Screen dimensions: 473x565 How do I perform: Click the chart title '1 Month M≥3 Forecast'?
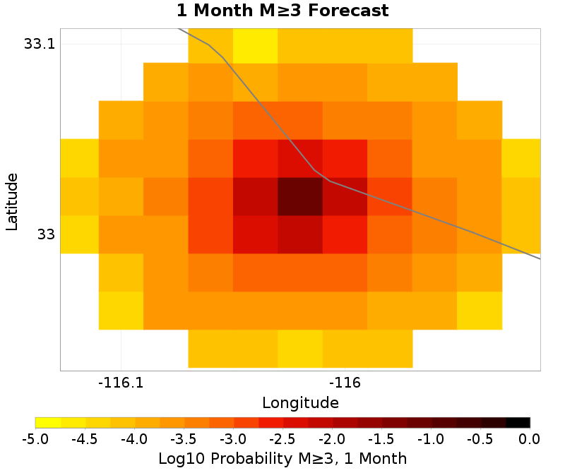pos(282,11)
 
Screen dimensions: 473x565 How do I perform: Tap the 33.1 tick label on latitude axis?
pos(40,44)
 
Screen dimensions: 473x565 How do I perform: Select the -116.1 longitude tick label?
pos(121,383)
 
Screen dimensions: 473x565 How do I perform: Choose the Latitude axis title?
pos(12,199)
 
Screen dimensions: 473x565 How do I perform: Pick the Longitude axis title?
pos(300,403)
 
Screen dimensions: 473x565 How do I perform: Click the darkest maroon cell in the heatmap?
pos(300,196)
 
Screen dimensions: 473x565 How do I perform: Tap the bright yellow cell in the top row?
pos(255,45)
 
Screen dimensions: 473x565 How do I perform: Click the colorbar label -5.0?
pos(35,439)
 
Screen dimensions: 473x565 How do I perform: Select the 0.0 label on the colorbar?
pos(530,439)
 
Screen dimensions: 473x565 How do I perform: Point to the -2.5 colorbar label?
pos(282,439)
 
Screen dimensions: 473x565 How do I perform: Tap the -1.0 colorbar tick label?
pos(431,439)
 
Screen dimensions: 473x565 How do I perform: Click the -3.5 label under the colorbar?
pos(184,439)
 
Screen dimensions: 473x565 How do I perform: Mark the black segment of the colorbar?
pos(518,423)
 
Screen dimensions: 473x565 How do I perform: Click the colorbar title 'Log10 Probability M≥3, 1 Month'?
pos(282,458)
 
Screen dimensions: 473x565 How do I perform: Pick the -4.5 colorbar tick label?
pos(85,439)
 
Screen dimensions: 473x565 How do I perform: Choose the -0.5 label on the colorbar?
pos(480,439)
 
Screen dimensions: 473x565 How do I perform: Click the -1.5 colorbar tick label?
pos(381,439)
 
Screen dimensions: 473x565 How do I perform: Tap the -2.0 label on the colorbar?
pos(332,439)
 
